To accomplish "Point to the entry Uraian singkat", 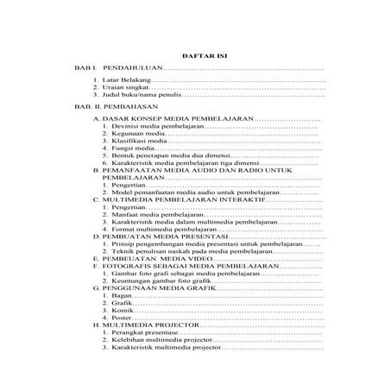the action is [126, 88].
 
